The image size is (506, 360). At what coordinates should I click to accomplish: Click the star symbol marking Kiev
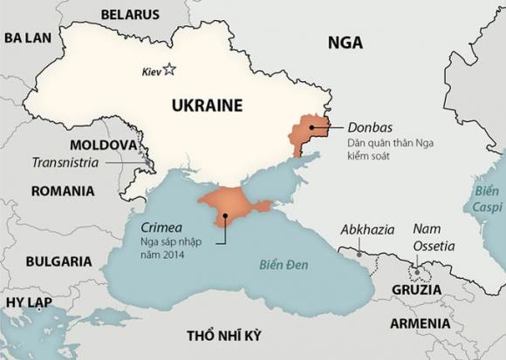[169, 70]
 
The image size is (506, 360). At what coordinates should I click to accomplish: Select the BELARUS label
[130, 15]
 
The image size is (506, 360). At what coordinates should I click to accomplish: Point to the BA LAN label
[28, 37]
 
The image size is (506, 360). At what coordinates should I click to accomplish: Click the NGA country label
[345, 43]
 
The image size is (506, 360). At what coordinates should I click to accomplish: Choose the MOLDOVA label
[103, 144]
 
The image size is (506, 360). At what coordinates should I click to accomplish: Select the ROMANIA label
[62, 191]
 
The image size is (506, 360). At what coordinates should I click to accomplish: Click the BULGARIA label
[59, 261]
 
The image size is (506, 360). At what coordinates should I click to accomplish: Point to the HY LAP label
[28, 302]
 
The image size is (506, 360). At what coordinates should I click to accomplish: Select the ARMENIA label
[421, 324]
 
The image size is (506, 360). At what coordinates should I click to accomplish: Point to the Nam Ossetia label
[434, 236]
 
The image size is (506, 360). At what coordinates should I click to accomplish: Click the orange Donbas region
[307, 132]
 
